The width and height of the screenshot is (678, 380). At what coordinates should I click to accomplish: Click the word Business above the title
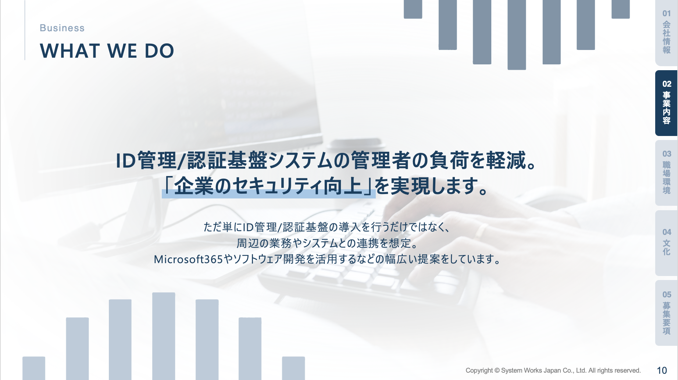click(x=62, y=28)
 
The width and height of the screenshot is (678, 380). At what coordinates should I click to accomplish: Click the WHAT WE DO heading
click(x=107, y=51)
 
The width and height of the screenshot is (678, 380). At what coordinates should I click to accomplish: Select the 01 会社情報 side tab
click(x=666, y=33)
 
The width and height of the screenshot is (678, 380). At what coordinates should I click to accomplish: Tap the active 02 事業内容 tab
click(x=666, y=103)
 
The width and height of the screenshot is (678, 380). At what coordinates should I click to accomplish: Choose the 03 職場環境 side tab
click(x=666, y=172)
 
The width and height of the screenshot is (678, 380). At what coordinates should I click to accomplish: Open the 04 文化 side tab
click(x=666, y=243)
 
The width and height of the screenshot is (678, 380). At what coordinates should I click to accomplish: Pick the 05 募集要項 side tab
click(x=666, y=313)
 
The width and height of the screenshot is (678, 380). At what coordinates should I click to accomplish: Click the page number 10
click(x=662, y=370)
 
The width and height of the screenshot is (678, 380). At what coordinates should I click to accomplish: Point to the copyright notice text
click(x=553, y=370)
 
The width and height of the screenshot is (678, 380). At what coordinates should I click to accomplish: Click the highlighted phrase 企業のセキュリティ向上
click(x=268, y=186)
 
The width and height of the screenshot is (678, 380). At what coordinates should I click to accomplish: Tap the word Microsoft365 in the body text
click(x=188, y=259)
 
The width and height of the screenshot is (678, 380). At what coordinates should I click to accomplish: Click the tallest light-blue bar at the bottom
click(x=164, y=336)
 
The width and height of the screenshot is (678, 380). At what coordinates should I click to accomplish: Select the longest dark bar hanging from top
click(x=517, y=35)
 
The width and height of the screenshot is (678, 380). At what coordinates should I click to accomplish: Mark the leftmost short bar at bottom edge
click(x=34, y=368)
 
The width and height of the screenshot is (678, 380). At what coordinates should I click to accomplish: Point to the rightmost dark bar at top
click(x=621, y=9)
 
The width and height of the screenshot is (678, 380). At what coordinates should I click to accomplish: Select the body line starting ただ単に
click(x=327, y=227)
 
